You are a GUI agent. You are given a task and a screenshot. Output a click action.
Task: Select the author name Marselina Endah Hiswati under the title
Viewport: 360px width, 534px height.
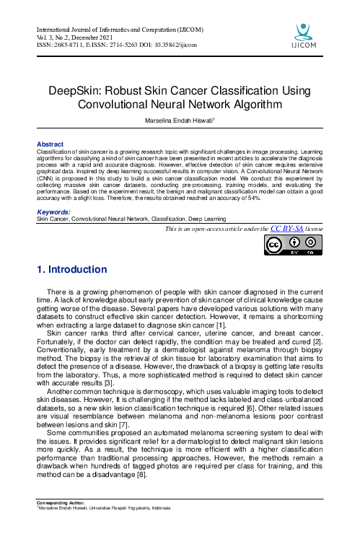click(x=179, y=122)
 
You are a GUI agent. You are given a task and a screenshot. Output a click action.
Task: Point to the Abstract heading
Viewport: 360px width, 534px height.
click(x=50, y=144)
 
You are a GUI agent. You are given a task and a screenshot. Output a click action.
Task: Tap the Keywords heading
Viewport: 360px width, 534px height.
click(x=53, y=212)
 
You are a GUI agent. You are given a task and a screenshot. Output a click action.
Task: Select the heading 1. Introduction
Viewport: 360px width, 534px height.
click(x=71, y=270)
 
